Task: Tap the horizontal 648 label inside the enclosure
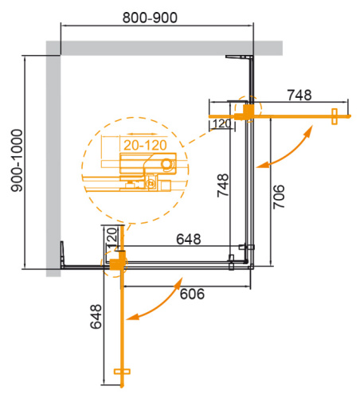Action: pos(189,239)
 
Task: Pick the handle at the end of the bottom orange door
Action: pos(122,373)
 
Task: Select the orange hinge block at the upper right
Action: pos(248,110)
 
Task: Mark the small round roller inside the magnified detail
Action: pos(166,164)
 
